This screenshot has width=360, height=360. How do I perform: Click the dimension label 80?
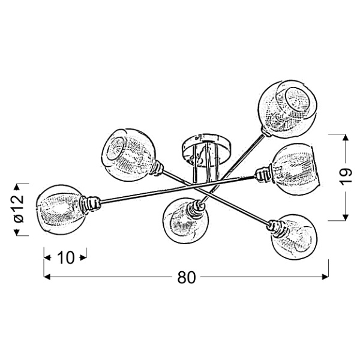[187, 277]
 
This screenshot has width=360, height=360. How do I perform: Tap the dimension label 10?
[66, 257]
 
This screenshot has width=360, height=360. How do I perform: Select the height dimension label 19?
[346, 175]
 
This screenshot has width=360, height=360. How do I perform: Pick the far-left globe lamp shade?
[61, 209]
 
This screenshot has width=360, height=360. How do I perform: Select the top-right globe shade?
[287, 109]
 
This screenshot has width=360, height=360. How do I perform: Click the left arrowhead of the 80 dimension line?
[47, 277]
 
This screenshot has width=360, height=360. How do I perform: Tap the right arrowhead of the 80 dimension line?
[326, 277]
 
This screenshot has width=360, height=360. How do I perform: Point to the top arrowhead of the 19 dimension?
[346, 137]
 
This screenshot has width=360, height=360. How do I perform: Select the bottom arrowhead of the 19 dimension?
[346, 218]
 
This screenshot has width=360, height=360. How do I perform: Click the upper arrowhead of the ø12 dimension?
[17, 187]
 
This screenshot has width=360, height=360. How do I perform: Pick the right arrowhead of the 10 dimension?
[83, 257]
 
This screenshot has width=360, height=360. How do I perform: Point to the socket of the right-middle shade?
[264, 175]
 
